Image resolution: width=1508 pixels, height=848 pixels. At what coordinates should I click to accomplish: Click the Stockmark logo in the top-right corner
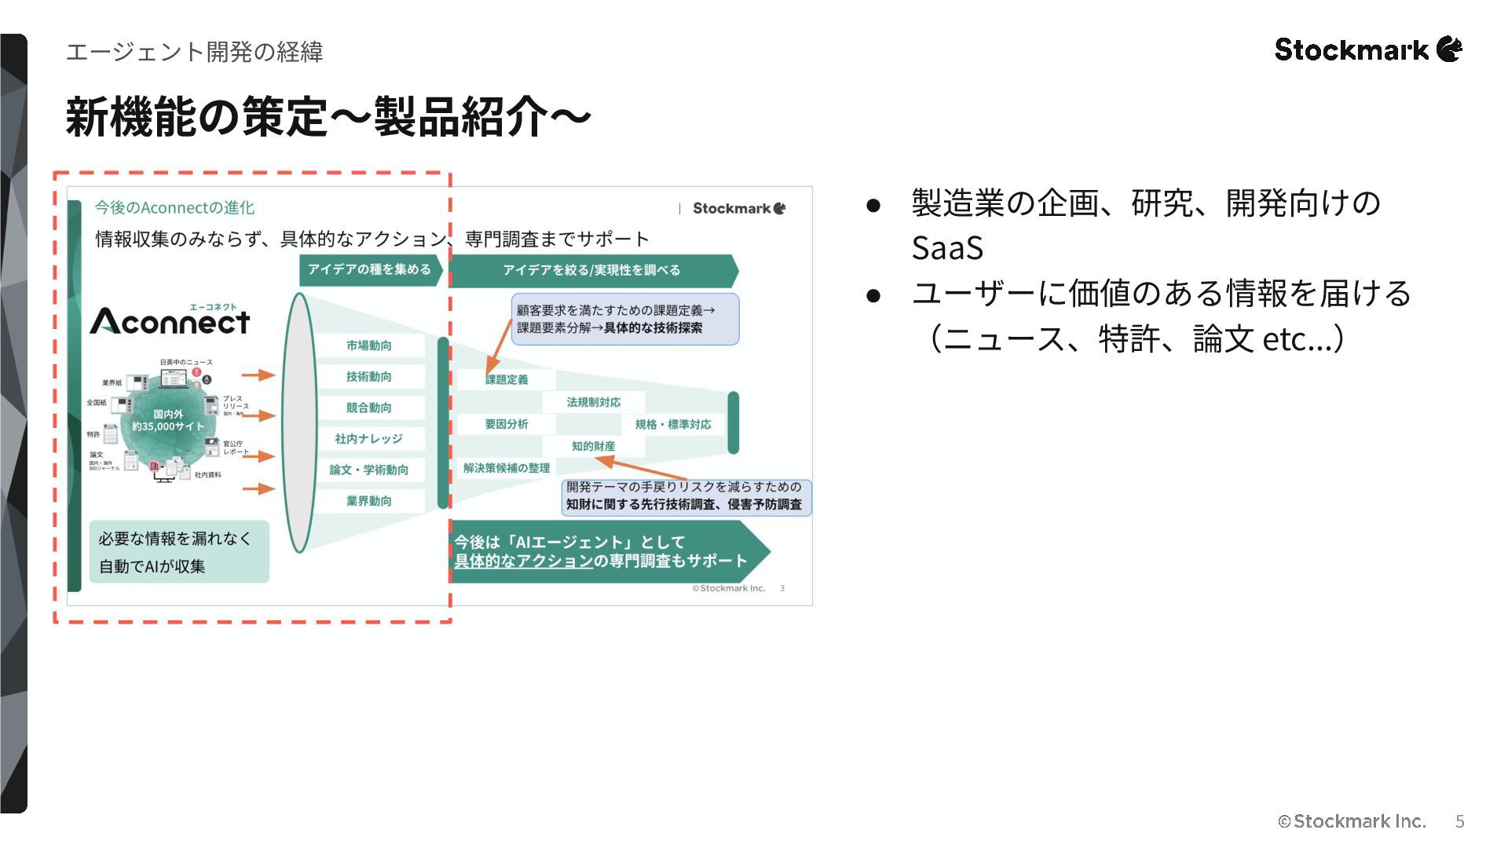(x=1367, y=49)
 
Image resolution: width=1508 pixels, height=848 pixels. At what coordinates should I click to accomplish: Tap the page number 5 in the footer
(x=1459, y=821)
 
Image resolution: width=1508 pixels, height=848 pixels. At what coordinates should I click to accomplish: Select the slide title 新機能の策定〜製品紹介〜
(x=328, y=118)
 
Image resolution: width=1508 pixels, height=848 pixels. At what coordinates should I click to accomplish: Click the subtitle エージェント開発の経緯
(x=194, y=52)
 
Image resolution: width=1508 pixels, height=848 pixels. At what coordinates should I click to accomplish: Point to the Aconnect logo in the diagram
(x=170, y=320)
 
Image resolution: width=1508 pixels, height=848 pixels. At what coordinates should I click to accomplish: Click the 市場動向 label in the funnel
(x=368, y=345)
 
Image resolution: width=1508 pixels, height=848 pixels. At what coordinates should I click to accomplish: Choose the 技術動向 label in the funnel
(x=368, y=377)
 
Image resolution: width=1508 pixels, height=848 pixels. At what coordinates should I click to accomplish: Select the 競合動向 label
(x=368, y=408)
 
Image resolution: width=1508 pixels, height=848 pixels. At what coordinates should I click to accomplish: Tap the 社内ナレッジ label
(x=368, y=439)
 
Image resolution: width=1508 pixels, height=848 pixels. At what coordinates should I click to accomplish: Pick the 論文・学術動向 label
(x=368, y=470)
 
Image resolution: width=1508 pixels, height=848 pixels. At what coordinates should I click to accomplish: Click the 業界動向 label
(x=368, y=501)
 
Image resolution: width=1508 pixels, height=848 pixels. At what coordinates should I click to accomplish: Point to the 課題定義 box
(x=507, y=380)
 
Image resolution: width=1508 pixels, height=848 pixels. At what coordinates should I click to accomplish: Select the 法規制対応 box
(x=593, y=402)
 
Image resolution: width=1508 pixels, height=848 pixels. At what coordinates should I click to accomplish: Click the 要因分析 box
(x=507, y=424)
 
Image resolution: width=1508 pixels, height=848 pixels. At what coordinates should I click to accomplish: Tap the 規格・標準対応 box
(x=673, y=424)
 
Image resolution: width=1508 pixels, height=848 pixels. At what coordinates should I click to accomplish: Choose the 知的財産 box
(x=593, y=446)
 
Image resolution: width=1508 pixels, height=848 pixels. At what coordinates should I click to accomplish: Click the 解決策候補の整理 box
(x=507, y=468)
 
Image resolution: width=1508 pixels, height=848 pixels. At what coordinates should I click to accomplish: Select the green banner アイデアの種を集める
(x=369, y=269)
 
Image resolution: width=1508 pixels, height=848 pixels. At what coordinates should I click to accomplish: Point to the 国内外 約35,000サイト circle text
(x=168, y=420)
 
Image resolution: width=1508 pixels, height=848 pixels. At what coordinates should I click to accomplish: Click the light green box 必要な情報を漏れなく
(x=179, y=551)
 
